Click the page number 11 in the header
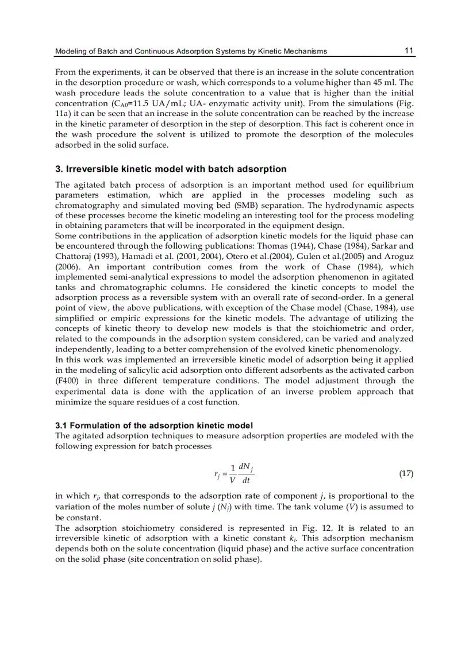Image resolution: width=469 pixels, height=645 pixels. (x=409, y=51)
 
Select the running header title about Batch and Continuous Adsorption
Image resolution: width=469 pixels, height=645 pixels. (x=191, y=51)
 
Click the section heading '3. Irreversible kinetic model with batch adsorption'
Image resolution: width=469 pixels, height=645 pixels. (x=171, y=169)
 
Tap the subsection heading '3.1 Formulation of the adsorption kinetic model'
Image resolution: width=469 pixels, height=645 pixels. (x=153, y=426)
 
